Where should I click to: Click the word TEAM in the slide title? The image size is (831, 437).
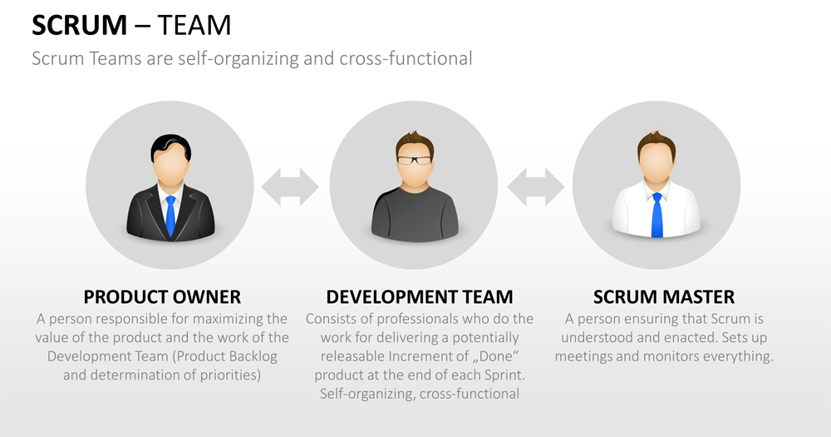[x=194, y=26]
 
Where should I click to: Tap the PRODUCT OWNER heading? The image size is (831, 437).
[x=162, y=297]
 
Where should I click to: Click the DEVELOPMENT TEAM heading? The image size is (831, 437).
[x=420, y=297]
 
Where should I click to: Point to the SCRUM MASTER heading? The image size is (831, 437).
[x=664, y=297]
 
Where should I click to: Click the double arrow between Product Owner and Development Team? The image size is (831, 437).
[x=290, y=186]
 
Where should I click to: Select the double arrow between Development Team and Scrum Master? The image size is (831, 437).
[x=536, y=186]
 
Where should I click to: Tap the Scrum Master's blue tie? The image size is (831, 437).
[x=656, y=215]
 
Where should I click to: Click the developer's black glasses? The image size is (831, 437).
[x=415, y=159]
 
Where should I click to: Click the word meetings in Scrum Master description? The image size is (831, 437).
[x=588, y=356]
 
